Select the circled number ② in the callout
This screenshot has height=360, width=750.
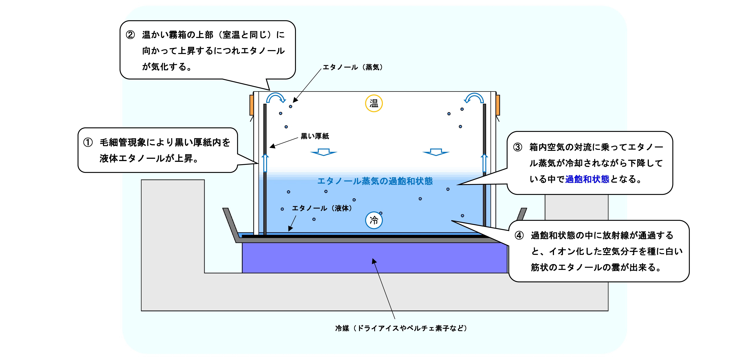130,35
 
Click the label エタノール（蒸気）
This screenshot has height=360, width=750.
353,67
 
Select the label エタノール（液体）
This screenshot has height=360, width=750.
322,208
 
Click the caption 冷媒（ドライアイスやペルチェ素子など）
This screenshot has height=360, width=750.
401,328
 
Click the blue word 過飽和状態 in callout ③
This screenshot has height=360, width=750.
587,179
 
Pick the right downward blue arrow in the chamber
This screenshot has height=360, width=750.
436,152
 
